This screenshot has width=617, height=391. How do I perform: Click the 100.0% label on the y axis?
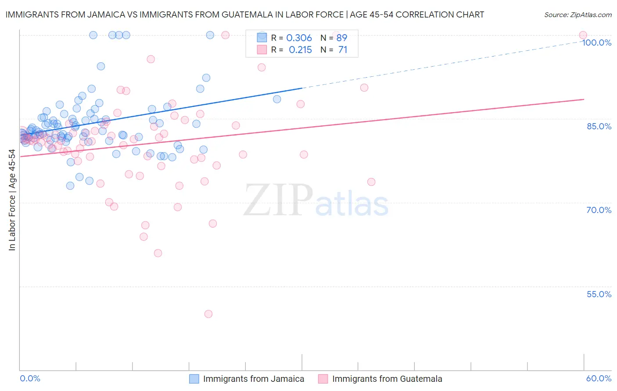click(596, 43)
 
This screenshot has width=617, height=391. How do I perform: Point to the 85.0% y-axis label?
click(599, 126)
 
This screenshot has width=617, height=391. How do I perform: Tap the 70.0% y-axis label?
click(599, 210)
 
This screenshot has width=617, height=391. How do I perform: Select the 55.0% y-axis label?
click(599, 294)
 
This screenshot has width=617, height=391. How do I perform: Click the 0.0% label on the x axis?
click(30, 378)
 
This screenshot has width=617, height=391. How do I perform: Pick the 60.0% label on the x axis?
click(599, 378)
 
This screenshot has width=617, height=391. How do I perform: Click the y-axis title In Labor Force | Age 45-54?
click(12, 200)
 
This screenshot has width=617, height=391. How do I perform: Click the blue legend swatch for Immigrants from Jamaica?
click(194, 379)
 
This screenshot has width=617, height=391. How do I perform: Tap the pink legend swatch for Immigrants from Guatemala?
click(323, 379)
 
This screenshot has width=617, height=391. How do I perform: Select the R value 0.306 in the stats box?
click(299, 38)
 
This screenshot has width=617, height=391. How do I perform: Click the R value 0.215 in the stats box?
click(300, 50)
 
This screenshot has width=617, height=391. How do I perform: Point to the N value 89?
click(342, 38)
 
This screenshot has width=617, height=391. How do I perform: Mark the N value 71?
click(343, 50)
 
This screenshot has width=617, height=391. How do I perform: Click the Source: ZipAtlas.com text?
click(578, 14)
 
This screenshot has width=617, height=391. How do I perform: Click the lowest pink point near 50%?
click(208, 314)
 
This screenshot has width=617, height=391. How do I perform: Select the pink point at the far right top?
click(583, 35)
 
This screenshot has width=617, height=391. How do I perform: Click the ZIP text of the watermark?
click(278, 200)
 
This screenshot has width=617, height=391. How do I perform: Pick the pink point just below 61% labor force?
click(158, 253)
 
